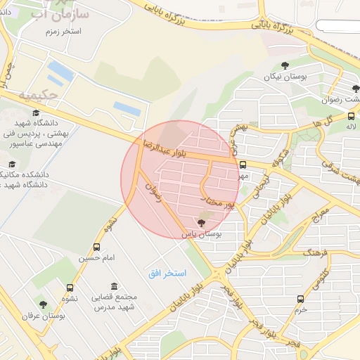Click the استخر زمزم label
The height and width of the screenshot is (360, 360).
click(62, 32)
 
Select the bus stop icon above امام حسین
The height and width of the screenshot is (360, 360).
click(96, 247)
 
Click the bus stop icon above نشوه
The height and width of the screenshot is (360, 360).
click(70, 288)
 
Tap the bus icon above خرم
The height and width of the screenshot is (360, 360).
click(301, 299)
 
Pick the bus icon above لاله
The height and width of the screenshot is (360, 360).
click(351, 117)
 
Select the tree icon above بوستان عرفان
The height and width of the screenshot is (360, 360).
click(43, 305)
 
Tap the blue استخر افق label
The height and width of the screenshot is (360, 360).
click(166, 272)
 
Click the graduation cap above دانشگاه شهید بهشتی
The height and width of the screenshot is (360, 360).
click(36, 112)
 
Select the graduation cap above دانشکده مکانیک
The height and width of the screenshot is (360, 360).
click(12, 164)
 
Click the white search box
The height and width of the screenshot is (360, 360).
click(337, 25)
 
